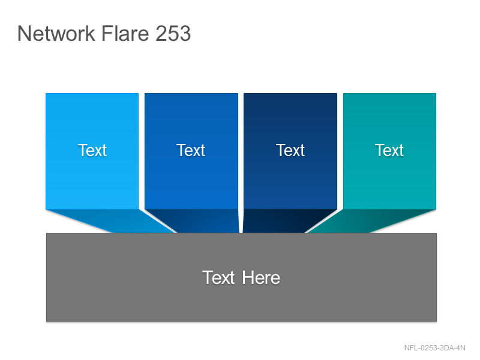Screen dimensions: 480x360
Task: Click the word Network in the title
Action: pos(56,33)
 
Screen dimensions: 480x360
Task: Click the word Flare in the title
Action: pos(125,33)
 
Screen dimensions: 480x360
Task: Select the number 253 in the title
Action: pos(173,33)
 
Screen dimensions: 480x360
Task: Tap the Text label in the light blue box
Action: pos(92,151)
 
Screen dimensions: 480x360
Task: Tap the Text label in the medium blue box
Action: pos(191,151)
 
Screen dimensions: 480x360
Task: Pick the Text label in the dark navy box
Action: pos(290,151)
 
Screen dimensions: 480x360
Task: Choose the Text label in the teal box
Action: pos(389,151)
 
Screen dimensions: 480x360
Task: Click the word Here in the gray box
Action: pos(261,278)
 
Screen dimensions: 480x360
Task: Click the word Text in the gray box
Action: pos(218,278)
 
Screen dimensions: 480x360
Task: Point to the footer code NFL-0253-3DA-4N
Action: pos(434,348)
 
